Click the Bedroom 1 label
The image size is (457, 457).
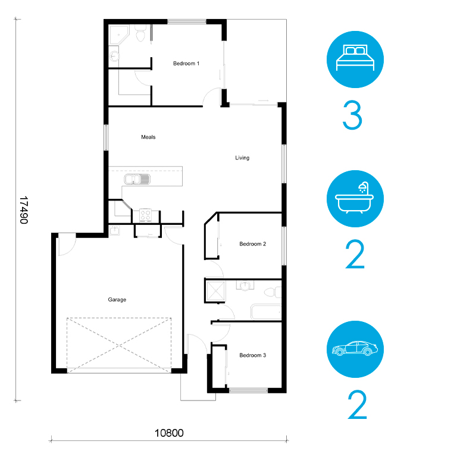pos(186,64)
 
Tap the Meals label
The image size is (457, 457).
pos(148,137)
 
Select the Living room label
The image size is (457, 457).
pos(242,158)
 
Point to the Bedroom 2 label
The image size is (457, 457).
pos(253,244)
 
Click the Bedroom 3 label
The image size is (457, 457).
pos(253,355)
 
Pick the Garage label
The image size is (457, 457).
pos(117,300)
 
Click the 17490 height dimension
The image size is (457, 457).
pos(24,210)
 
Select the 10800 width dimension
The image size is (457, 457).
pos(169,433)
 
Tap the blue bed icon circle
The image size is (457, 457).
pos(355,60)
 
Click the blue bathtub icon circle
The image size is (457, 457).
pos(355,199)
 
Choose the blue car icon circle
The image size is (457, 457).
pos(355,349)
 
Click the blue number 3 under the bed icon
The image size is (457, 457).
pos(352,115)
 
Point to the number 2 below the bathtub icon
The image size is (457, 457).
pos(355,255)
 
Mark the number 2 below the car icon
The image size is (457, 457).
pos(357,405)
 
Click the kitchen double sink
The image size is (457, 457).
pos(137,179)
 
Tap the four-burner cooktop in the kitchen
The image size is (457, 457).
pos(145,215)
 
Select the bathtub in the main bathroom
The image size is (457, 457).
pos(266,312)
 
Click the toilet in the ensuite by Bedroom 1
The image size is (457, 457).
pos(141,33)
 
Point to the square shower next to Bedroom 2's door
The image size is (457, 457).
pos(215,290)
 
